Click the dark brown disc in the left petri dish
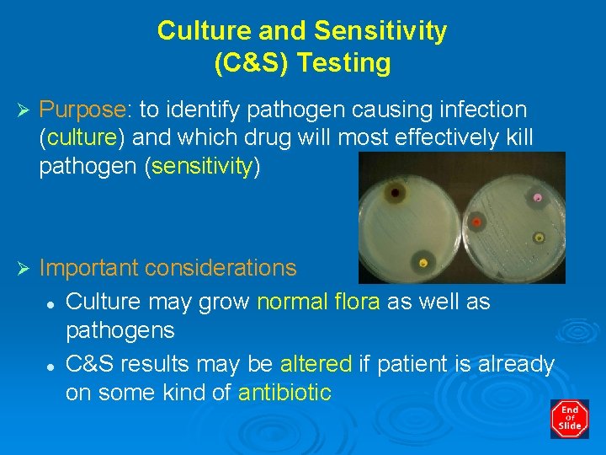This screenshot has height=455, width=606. click(x=395, y=194)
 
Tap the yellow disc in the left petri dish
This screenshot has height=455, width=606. click(x=423, y=263)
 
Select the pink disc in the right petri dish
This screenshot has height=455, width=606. click(x=537, y=198)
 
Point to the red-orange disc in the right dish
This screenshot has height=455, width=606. click(x=476, y=222)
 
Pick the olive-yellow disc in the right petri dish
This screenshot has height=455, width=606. click(x=538, y=238)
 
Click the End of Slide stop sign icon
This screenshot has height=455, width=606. click(x=570, y=419)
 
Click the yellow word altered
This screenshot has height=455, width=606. click(x=315, y=364)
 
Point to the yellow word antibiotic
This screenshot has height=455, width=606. click(x=284, y=393)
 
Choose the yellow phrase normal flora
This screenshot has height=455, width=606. click(x=318, y=302)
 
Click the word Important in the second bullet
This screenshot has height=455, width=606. click(x=89, y=269)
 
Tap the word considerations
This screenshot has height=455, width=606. click(x=221, y=269)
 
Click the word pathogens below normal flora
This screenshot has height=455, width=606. click(x=120, y=330)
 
